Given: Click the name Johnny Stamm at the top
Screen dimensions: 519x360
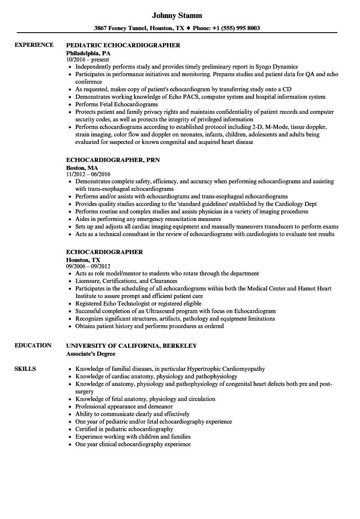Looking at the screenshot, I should (177, 15).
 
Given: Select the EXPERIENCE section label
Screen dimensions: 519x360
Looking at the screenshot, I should (34, 45).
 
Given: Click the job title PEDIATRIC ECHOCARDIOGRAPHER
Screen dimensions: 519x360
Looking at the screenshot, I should (123, 45).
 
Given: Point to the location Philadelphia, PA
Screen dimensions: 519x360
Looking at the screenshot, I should (88, 53).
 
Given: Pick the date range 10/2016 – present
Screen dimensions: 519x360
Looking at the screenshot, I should (87, 59).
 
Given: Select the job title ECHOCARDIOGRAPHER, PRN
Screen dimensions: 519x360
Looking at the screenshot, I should (113, 160).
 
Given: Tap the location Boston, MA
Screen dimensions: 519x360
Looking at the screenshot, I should (82, 168).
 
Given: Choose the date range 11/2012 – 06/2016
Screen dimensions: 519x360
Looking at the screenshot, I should (88, 174).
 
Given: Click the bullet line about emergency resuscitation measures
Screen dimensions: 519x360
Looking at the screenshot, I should (148, 219).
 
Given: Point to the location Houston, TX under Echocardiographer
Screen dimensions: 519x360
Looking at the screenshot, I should (83, 260).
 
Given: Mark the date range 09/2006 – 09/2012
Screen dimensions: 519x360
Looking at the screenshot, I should (88, 266).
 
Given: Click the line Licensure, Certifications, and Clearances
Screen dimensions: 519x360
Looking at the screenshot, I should (126, 281).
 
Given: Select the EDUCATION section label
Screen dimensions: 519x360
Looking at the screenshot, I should (33, 345).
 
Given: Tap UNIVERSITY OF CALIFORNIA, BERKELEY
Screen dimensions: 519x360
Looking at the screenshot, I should (131, 346).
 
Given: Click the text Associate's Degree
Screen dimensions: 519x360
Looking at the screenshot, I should (91, 354).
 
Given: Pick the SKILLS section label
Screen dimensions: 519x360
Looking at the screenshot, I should (25, 369).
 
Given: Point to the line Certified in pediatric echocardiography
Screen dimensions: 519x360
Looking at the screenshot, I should (124, 429).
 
